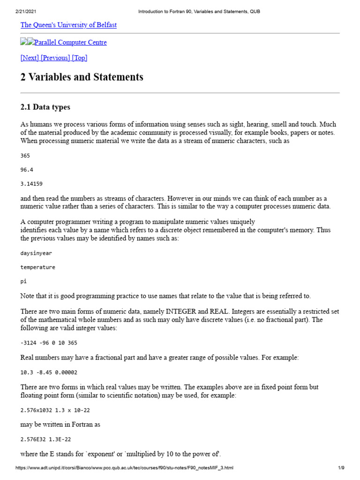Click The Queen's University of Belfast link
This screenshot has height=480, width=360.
click(68, 25)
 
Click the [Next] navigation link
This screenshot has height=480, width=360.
click(30, 58)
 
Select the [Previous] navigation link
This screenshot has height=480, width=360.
click(55, 58)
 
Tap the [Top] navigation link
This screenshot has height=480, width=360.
click(80, 58)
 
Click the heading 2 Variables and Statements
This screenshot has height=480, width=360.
click(82, 77)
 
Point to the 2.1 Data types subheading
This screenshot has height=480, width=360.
click(45, 107)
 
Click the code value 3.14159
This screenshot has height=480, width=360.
click(31, 184)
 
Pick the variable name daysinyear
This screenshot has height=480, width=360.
click(36, 253)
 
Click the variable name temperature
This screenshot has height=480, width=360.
click(37, 267)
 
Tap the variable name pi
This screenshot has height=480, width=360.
click(23, 281)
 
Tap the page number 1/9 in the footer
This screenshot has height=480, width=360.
click(341, 468)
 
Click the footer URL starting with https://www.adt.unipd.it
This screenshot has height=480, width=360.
click(124, 468)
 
